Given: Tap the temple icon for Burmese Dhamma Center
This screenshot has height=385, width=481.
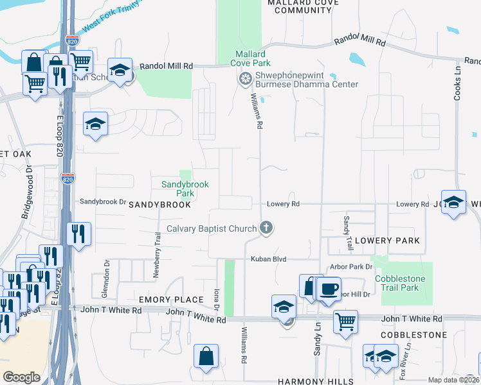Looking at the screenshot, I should click(x=244, y=79).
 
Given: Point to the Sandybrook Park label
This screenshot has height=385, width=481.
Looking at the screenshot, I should click(x=185, y=188).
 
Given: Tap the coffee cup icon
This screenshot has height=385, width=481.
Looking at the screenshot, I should click(x=329, y=289).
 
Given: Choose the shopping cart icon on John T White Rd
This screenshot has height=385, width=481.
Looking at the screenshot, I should click(x=346, y=320).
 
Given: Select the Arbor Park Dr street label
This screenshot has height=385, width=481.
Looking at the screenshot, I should click(x=350, y=266).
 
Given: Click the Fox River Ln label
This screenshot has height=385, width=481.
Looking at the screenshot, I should click(x=403, y=364).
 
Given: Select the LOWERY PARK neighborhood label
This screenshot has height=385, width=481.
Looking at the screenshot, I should click(x=386, y=241).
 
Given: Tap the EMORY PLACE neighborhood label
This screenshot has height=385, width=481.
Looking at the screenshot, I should click(x=162, y=300).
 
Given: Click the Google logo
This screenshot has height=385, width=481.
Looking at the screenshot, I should click(x=21, y=377).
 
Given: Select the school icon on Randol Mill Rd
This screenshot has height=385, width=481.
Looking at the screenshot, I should click(x=120, y=71).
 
